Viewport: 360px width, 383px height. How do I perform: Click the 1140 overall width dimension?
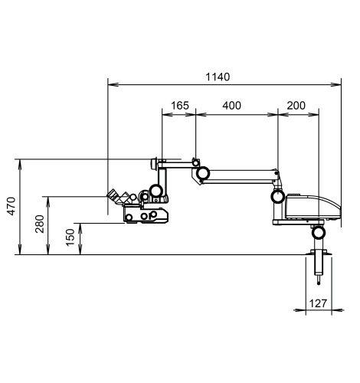pyautogui.click(x=218, y=77)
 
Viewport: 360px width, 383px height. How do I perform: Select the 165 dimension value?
pyautogui.click(x=180, y=106)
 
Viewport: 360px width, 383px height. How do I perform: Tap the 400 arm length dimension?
pyautogui.click(x=231, y=106)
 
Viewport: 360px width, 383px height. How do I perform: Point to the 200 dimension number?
pyautogui.click(x=296, y=106)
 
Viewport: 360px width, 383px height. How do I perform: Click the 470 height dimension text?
pyautogui.click(x=11, y=206)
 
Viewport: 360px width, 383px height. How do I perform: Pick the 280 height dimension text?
pyautogui.click(x=40, y=224)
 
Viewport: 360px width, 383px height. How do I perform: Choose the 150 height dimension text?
pyautogui.click(x=70, y=237)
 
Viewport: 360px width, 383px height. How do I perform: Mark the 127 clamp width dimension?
pyautogui.click(x=318, y=303)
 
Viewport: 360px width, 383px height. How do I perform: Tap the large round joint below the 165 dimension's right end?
pyautogui.click(x=203, y=173)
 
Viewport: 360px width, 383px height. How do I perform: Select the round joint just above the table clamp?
pyautogui.click(x=319, y=233)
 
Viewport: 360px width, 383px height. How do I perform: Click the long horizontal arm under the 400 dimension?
pyautogui.click(x=241, y=176)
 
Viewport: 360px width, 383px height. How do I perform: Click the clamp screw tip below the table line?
pyautogui.click(x=319, y=283)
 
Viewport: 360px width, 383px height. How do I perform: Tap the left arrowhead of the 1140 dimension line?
pyautogui.click(x=113, y=84)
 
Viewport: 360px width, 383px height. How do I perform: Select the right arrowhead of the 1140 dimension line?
pyautogui.click(x=336, y=84)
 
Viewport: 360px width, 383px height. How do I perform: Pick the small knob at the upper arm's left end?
pyautogui.click(x=154, y=164)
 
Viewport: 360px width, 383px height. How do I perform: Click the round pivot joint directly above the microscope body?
pyautogui.click(x=156, y=190)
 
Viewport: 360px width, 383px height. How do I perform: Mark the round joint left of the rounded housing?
pyautogui.click(x=278, y=196)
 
